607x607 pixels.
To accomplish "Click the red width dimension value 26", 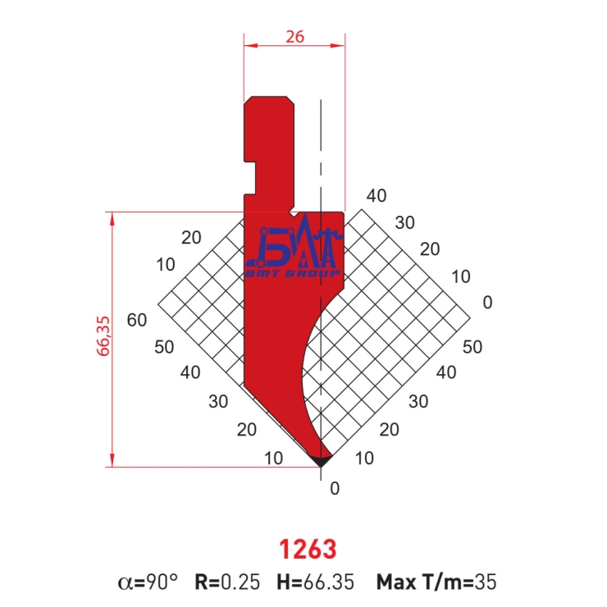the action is pos(295,37).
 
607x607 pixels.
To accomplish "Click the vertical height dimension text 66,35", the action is pos(103,336).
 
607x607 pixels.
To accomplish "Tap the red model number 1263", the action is pos(308,550).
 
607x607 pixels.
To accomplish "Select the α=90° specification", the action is pos(148,582).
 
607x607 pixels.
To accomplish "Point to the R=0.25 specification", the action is pos(227,582).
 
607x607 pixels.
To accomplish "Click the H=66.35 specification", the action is pos(315,582).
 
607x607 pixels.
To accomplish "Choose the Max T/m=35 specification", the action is pos(436,582).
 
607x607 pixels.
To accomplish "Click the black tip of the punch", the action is pos(321,461).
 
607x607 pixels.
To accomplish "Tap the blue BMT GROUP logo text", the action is pos(293,274).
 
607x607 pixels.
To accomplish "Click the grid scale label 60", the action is pos(137,320).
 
